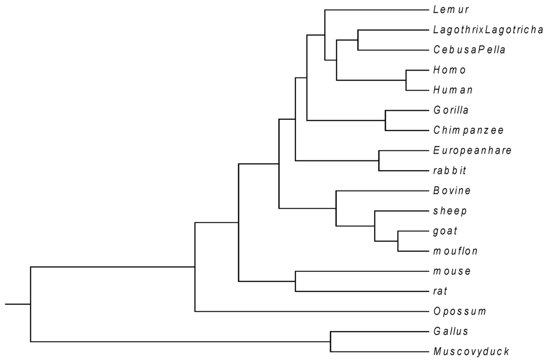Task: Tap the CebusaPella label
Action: click(x=469, y=50)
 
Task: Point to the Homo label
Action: click(x=450, y=70)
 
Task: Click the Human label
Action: click(x=453, y=90)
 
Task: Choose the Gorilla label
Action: click(x=452, y=110)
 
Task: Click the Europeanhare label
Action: click(x=473, y=150)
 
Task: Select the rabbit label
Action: click(x=450, y=171)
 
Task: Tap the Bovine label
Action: click(x=452, y=190)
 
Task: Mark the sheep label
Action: click(x=450, y=211)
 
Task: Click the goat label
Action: click(x=446, y=231)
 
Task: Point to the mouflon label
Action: click(x=455, y=251)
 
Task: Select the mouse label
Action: click(x=452, y=271)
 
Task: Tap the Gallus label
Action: click(x=451, y=332)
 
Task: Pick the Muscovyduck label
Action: click(x=471, y=352)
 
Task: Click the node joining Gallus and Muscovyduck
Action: click(x=331, y=341)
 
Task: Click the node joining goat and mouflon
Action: click(x=398, y=241)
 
